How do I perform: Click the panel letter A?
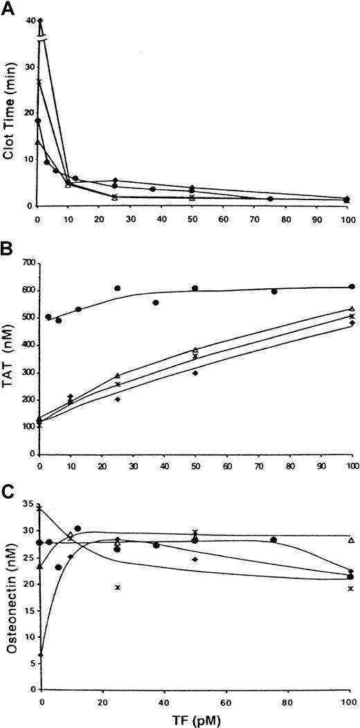(9, 8)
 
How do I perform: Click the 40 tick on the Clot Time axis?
(30, 21)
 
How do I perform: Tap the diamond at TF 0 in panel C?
(41, 655)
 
